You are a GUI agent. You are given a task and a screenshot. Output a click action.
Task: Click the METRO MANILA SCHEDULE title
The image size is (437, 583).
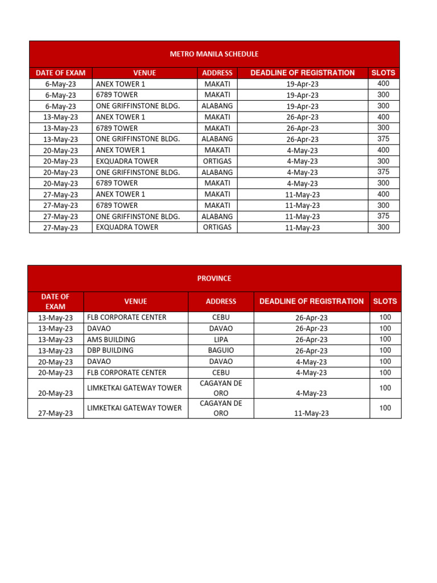tap(214, 54)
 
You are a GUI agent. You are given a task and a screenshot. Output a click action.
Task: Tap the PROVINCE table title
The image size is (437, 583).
tap(214, 278)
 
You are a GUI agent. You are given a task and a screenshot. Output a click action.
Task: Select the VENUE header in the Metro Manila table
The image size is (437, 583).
tap(145, 73)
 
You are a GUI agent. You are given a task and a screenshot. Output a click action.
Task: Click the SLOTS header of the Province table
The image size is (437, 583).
tap(385, 301)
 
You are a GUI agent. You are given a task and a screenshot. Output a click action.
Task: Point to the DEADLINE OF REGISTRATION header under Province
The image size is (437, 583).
tap(311, 301)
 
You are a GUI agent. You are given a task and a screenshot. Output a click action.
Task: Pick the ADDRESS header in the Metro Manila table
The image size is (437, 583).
tap(217, 73)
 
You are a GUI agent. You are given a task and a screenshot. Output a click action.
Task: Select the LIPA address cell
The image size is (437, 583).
tap(221, 339)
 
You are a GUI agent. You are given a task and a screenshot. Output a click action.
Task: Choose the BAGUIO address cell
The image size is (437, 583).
tap(221, 350)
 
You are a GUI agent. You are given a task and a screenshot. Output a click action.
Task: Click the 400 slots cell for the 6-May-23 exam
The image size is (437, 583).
tap(384, 84)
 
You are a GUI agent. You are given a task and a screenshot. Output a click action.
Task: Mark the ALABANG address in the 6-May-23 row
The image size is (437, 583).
tap(217, 106)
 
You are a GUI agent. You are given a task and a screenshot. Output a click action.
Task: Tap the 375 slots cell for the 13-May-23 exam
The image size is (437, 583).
tap(384, 139)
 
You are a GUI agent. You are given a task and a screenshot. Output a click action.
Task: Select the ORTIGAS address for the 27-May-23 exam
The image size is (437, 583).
tap(217, 227)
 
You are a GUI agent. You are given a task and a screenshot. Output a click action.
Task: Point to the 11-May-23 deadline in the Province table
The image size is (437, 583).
tap(311, 413)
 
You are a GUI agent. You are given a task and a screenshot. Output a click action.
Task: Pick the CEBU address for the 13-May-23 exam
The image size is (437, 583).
tap(221, 317)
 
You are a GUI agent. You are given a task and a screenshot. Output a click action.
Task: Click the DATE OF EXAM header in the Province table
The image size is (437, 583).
tap(55, 301)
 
